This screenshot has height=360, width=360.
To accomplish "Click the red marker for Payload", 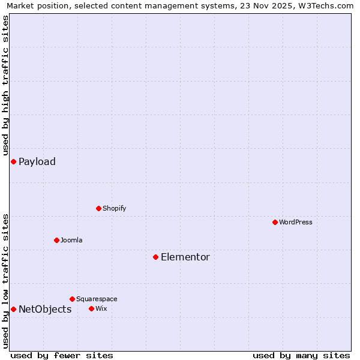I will (13, 161).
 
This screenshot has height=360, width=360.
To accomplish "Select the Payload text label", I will (37, 161).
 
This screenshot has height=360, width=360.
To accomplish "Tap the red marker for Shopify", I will (98, 208).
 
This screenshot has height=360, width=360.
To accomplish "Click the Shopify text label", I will (114, 208).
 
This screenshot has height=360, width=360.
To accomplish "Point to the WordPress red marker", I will (275, 222).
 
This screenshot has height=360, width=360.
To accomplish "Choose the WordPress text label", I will (295, 222).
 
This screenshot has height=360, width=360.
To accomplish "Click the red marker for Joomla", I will (56, 240).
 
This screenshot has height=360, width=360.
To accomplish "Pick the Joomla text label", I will (71, 240).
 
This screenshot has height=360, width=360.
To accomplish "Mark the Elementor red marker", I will (155, 257).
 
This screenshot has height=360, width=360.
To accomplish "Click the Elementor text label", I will (185, 257).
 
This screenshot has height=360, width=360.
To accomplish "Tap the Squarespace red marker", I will (72, 299).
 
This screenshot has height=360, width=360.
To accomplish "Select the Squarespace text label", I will (97, 299).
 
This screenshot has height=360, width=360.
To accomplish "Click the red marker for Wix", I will (91, 308).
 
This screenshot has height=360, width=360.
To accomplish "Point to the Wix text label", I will (101, 308).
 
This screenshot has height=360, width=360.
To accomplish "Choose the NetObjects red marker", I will (13, 309).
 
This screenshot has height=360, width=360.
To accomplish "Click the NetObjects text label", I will (45, 309).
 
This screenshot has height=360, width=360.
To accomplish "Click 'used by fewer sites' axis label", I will (62, 355).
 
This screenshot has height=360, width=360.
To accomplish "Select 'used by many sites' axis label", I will (301, 355).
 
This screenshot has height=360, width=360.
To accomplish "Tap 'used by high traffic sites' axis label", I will (5, 85).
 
